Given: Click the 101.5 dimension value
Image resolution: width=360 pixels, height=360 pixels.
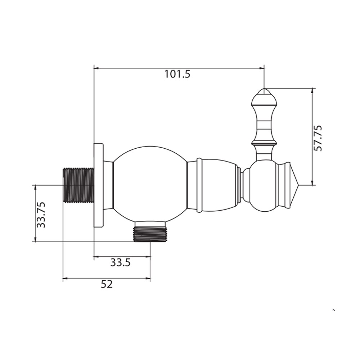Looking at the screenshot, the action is coord(177,74).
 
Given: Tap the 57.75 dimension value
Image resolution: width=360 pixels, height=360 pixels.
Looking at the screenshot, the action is coord(318,138).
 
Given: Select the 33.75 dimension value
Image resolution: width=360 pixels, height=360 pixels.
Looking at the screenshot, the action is coord(41,215).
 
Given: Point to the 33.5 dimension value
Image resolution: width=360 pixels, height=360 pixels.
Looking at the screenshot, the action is coord(121,262).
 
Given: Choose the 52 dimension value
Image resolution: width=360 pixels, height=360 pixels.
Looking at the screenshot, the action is coord(107,284).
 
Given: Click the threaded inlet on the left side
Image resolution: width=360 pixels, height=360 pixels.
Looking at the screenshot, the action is coord(78,185).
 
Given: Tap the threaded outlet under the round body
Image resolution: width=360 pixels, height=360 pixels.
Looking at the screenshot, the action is coord(150,235).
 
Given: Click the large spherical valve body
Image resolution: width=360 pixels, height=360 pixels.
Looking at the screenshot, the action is coord(150,185).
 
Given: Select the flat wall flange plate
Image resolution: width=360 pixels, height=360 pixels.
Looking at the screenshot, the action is coord(99,185).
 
